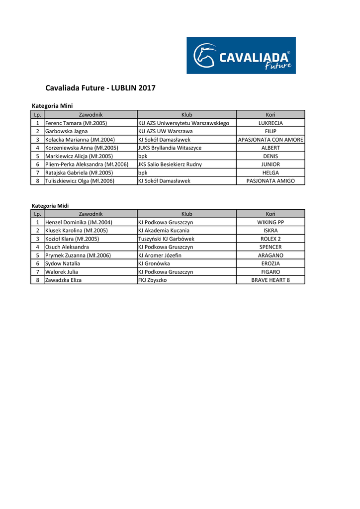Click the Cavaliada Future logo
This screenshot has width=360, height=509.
[241, 56]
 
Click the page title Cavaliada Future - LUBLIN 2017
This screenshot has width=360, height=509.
[100, 88]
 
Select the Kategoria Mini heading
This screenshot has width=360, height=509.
[52, 106]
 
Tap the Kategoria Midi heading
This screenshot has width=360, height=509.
[50, 205]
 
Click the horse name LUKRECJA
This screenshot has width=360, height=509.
[270, 123]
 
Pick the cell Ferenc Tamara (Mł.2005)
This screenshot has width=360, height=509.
[76, 123]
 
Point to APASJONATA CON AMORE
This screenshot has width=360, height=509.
[270, 140]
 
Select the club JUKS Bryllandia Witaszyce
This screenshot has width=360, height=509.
[170, 148]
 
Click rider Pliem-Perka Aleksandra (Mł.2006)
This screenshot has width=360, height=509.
[87, 164]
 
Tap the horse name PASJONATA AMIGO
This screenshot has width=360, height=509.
[270, 181]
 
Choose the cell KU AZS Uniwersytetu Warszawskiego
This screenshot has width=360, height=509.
[183, 123]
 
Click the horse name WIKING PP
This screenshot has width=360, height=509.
[270, 222]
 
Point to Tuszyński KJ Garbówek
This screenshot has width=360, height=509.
[166, 239]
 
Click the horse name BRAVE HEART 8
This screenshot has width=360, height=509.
[270, 280]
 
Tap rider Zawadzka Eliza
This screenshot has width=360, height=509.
[64, 280]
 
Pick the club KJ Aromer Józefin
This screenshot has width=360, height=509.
[160, 255]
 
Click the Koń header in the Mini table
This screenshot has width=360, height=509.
[270, 115]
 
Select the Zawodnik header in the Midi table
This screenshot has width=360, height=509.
[91, 214]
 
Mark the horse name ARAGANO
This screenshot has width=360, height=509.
[270, 255]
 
